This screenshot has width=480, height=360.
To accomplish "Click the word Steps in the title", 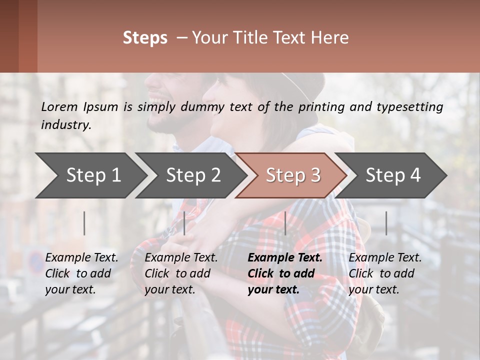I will [x=145, y=38].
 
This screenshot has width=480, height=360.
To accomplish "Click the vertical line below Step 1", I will [x=84, y=223].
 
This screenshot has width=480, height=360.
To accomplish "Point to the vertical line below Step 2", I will [x=184, y=223].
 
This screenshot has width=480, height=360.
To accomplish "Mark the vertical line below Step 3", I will [x=285, y=223].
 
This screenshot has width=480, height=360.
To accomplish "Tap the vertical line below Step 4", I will [x=386, y=223].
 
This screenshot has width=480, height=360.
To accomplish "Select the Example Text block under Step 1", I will [x=81, y=273].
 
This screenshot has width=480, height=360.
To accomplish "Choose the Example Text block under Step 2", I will [x=181, y=273].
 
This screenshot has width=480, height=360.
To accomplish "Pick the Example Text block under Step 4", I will [x=385, y=273].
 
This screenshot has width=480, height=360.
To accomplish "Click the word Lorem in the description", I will [x=59, y=106].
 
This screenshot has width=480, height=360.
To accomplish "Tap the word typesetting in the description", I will [x=414, y=107].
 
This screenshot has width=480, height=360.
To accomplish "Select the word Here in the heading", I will [x=332, y=38].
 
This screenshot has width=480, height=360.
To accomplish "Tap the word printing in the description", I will [x=320, y=107].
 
